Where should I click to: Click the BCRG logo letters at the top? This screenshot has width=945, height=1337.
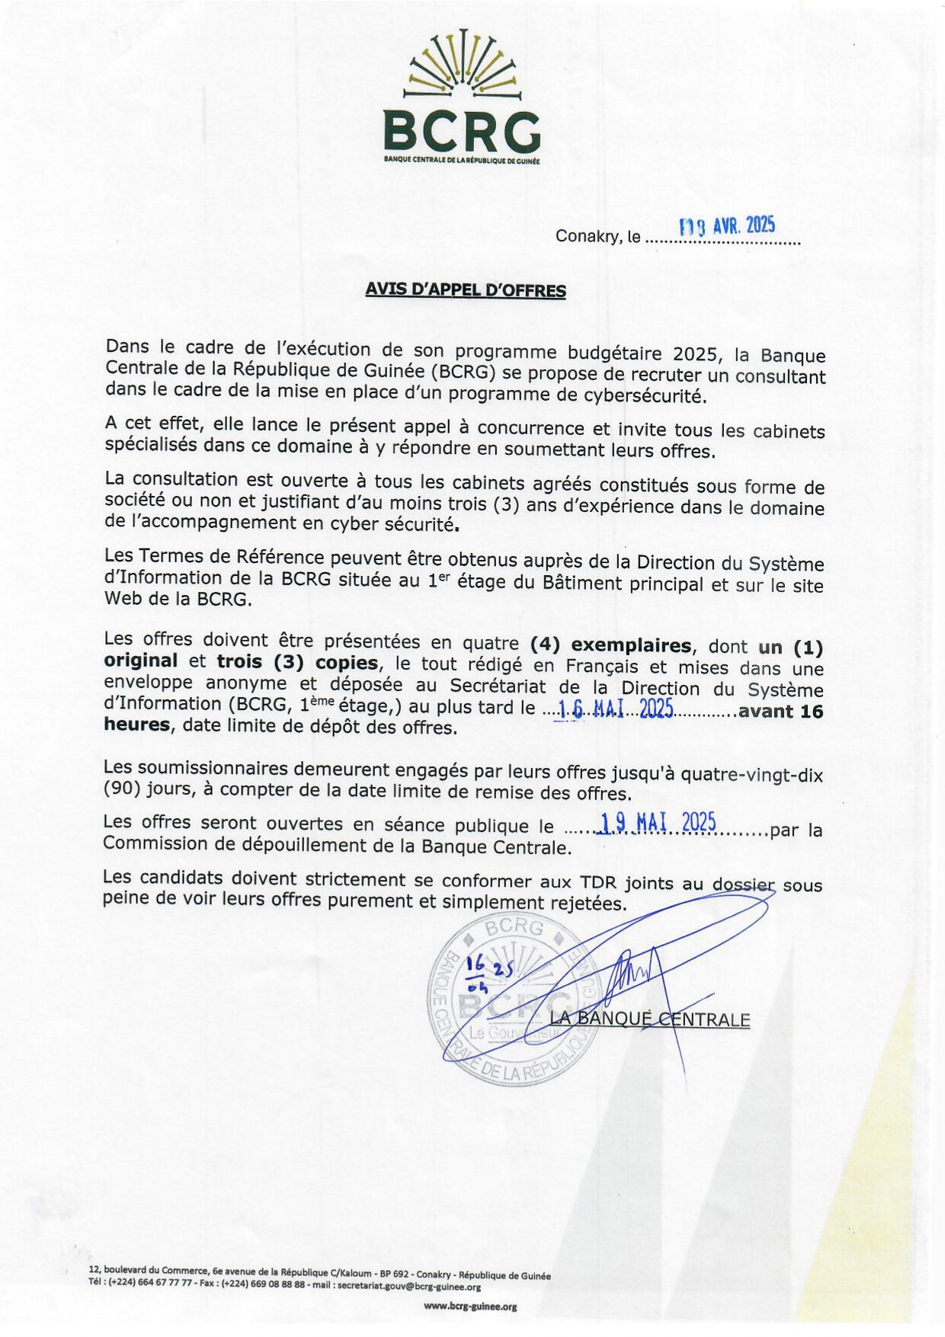tap(462, 131)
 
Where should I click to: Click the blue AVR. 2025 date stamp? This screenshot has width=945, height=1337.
tap(728, 225)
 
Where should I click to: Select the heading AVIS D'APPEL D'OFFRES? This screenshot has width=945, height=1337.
tap(465, 290)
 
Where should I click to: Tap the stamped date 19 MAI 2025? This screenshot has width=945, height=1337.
tap(657, 823)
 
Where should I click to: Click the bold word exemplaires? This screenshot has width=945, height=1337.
tap(631, 645)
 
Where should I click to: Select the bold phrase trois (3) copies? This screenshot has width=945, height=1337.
tap(297, 662)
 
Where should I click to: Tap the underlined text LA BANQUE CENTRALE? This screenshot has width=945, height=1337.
tap(649, 1019)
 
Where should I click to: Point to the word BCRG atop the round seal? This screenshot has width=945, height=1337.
tap(514, 927)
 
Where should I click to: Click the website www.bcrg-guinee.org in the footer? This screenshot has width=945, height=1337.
tap(470, 1306)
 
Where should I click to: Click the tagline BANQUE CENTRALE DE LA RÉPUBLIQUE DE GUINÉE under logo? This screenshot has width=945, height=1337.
tap(462, 161)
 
